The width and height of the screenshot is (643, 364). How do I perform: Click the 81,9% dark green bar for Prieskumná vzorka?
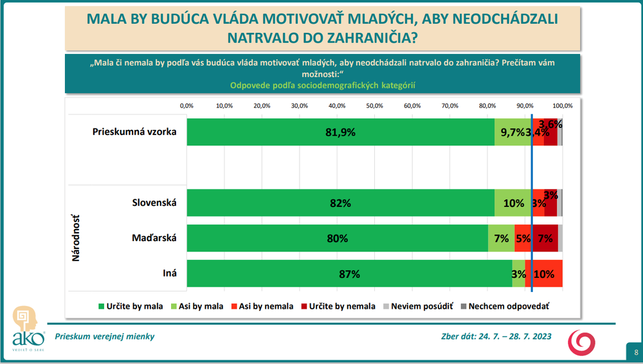340,132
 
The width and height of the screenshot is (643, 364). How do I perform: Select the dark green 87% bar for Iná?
349,273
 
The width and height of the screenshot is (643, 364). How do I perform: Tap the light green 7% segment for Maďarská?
501,238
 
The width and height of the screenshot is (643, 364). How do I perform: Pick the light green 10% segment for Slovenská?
513,203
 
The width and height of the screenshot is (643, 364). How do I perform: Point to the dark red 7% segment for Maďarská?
545,238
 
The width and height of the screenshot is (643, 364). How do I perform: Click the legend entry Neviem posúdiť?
417,306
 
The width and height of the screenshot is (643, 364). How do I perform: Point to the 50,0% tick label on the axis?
374,105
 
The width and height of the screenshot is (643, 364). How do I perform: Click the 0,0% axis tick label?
186,105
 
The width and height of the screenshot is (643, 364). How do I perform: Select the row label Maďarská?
153,239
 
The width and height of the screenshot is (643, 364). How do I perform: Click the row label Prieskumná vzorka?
134,132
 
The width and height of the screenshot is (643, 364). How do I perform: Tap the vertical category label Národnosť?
76,239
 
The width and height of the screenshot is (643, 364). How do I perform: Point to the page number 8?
635,352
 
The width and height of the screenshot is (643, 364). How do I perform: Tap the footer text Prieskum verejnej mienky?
105,336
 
